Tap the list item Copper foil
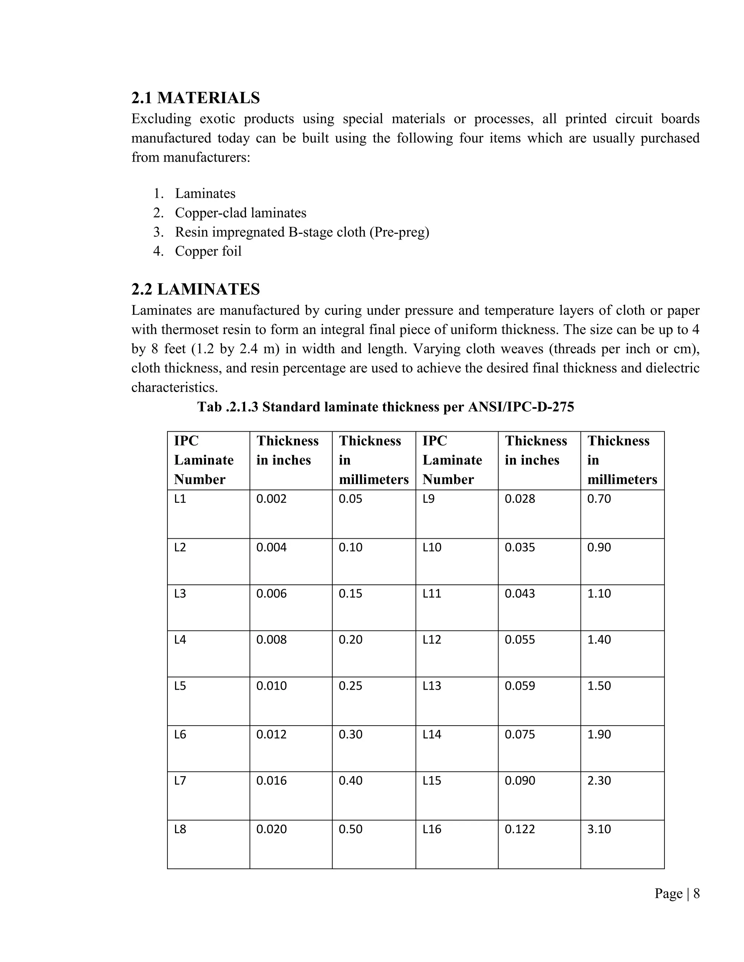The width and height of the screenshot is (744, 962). tap(208, 251)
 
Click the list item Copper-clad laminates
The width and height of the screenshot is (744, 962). tap(240, 213)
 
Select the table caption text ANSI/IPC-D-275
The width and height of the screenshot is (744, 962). tap(521, 407)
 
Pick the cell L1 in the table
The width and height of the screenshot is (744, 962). tap(180, 499)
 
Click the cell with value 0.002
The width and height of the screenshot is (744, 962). tap(271, 499)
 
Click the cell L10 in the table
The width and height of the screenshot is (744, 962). tap(432, 547)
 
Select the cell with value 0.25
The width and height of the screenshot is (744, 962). tap(351, 686)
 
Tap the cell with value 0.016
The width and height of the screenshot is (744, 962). tap(271, 781)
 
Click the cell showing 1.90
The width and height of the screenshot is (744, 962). tap(599, 734)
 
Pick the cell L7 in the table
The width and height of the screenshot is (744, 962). tap(180, 781)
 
